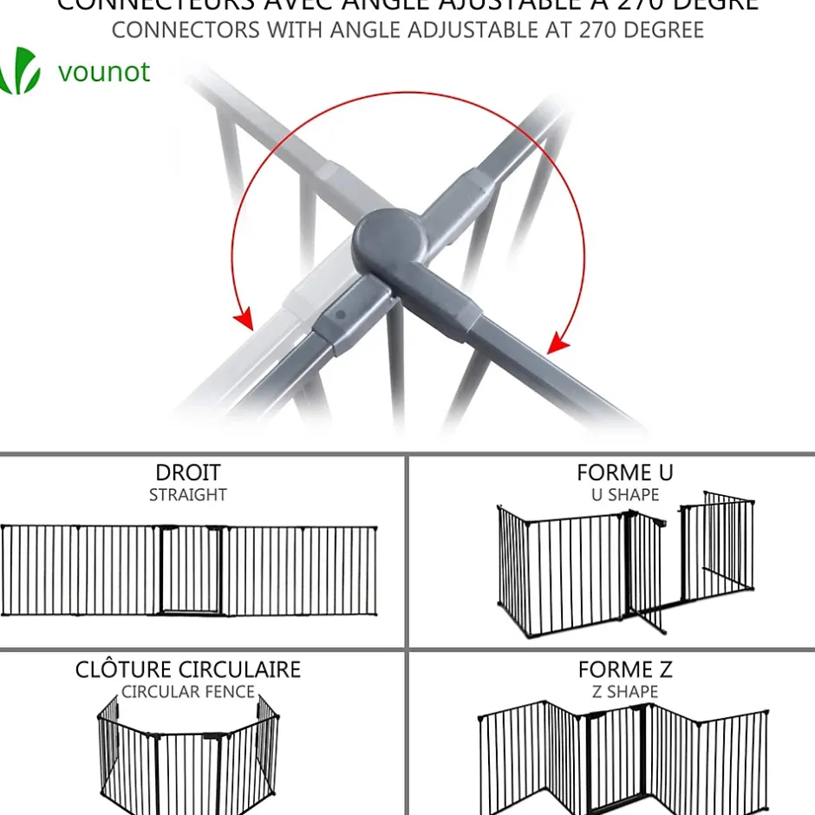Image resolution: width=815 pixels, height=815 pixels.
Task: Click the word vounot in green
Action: coord(104,71)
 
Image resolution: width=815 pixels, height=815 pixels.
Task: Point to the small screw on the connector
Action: coord(341,315)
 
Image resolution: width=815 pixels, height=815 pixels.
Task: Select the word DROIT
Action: coord(187,473)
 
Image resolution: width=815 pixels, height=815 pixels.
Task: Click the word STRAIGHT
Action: coord(187,495)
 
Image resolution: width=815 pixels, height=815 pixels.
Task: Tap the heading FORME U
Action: coord(624,473)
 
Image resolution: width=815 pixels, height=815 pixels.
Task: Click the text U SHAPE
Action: coord(624,495)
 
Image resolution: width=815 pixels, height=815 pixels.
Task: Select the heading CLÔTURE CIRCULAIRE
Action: coord(187,670)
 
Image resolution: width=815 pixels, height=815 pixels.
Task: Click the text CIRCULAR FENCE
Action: coord(187,692)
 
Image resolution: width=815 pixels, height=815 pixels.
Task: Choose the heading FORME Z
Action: coord(624,670)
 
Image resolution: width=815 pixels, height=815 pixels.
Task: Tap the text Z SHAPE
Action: coord(624,692)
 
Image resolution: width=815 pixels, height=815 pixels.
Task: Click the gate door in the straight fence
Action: coord(192,570)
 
